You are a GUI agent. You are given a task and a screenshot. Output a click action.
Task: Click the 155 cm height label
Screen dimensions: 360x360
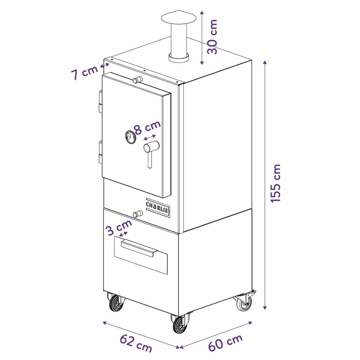[276, 183]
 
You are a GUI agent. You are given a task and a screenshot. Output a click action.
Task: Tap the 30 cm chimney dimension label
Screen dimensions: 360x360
[212, 37]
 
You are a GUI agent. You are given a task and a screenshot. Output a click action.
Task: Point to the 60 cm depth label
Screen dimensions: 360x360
[225, 335]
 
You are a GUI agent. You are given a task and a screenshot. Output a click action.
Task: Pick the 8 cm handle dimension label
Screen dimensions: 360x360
[148, 127]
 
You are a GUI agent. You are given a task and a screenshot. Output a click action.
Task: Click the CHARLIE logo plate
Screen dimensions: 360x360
[158, 208]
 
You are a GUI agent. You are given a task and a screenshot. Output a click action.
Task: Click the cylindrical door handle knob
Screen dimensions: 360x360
[151, 147]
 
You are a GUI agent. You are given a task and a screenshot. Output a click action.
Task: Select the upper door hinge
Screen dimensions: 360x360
[100, 101]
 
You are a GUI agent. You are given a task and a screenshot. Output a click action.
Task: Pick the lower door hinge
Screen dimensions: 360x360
[100, 152]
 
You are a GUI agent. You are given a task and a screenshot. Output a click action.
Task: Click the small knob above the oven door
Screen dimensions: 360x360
[137, 80]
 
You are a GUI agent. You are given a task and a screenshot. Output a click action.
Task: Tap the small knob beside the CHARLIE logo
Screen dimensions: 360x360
[137, 213]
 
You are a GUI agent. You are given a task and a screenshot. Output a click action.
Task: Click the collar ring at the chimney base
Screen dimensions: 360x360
[178, 58]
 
